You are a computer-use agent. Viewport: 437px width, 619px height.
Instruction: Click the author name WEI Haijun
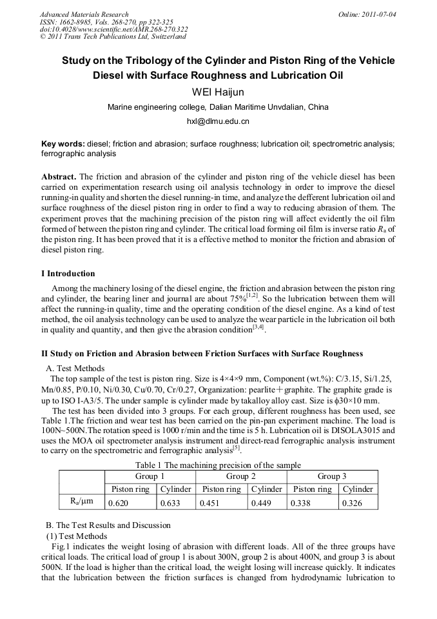coord(218,92)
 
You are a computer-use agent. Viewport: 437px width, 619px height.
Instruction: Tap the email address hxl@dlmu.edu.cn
coord(218,121)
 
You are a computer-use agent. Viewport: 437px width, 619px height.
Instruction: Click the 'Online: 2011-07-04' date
coord(367,14)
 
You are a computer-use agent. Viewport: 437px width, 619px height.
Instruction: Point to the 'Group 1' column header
coord(149,476)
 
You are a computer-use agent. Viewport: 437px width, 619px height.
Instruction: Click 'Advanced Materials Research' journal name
coord(84,14)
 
